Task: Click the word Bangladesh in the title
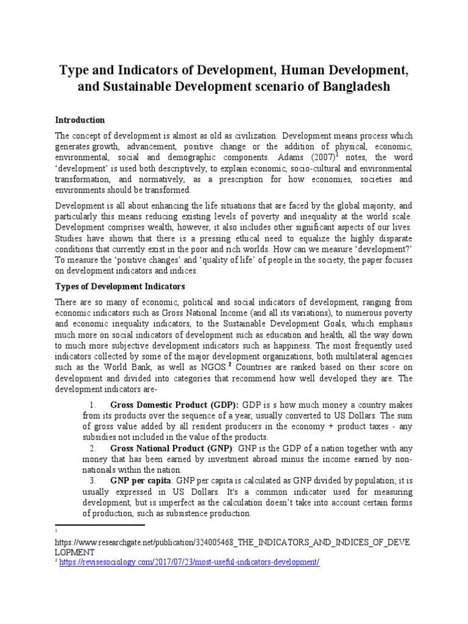point(355,87)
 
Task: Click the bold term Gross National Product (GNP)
point(168,448)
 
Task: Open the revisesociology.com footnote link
point(190,562)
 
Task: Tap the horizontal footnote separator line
point(100,525)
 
